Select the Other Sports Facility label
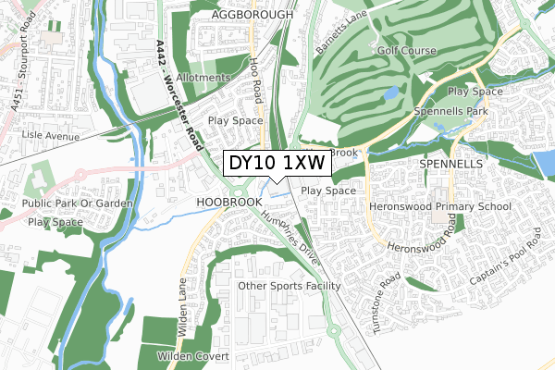point(290,286)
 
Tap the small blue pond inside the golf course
point(390,93)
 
